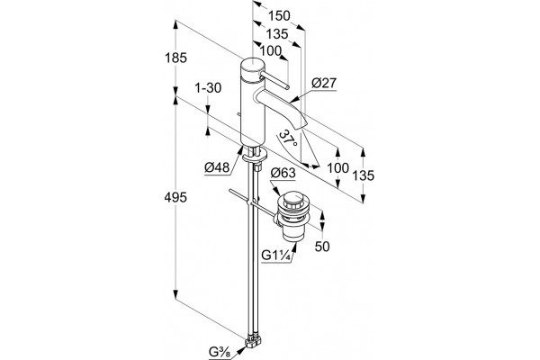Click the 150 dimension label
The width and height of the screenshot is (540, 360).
click(279, 16)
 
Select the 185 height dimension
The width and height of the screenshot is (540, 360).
click(175, 58)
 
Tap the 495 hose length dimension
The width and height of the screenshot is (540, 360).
click(175, 198)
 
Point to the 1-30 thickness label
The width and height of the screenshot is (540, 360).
click(208, 88)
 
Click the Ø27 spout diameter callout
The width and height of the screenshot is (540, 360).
click(324, 83)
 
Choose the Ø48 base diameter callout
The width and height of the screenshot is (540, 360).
click(217, 167)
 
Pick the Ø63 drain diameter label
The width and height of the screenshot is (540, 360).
click(283, 173)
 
